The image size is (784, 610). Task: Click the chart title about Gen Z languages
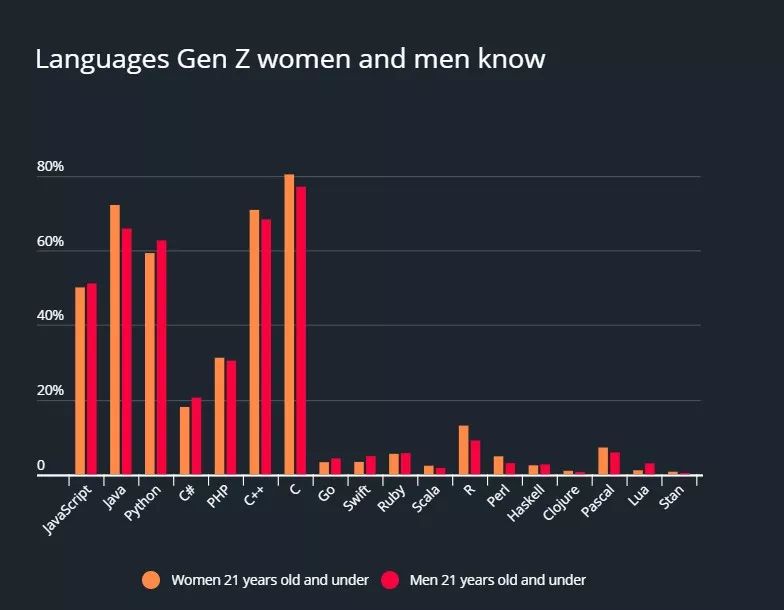(x=290, y=59)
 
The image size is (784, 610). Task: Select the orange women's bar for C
(x=289, y=325)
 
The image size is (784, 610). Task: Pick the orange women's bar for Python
(x=150, y=364)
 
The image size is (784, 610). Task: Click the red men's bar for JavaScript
(x=92, y=379)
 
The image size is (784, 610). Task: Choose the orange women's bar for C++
(x=254, y=342)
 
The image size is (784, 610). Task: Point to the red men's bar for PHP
(x=231, y=417)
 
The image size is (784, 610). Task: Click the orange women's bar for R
(x=463, y=450)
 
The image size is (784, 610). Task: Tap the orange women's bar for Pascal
(x=603, y=461)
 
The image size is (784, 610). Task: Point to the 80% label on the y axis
(x=50, y=167)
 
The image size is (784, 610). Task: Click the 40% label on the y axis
(x=50, y=316)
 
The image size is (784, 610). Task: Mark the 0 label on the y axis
(x=41, y=466)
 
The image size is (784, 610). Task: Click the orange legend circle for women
(x=151, y=580)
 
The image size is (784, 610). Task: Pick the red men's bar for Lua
(x=650, y=469)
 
